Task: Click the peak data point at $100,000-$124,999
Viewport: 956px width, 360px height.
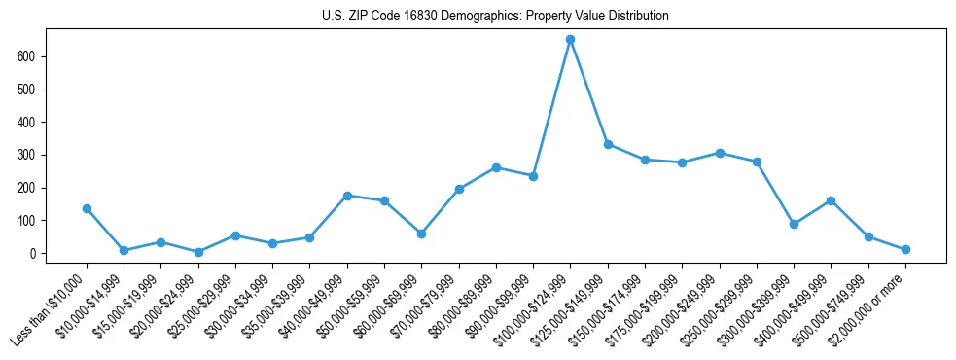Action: point(571,39)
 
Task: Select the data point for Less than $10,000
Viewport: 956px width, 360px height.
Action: point(87,208)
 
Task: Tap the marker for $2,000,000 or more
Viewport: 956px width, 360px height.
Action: point(905,250)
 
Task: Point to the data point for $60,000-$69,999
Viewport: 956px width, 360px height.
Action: point(421,234)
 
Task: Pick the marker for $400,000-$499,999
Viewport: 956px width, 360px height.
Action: point(831,200)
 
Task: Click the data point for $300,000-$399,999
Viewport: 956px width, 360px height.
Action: point(794,224)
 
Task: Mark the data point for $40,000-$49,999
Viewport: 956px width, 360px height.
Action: point(347,196)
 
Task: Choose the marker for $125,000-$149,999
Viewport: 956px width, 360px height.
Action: point(608,144)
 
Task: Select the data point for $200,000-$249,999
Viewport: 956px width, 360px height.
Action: point(720,153)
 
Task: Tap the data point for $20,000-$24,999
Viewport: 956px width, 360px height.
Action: point(198,252)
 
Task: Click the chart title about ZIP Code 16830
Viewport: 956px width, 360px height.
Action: point(495,17)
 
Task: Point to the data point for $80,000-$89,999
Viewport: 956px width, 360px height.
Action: point(496,167)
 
